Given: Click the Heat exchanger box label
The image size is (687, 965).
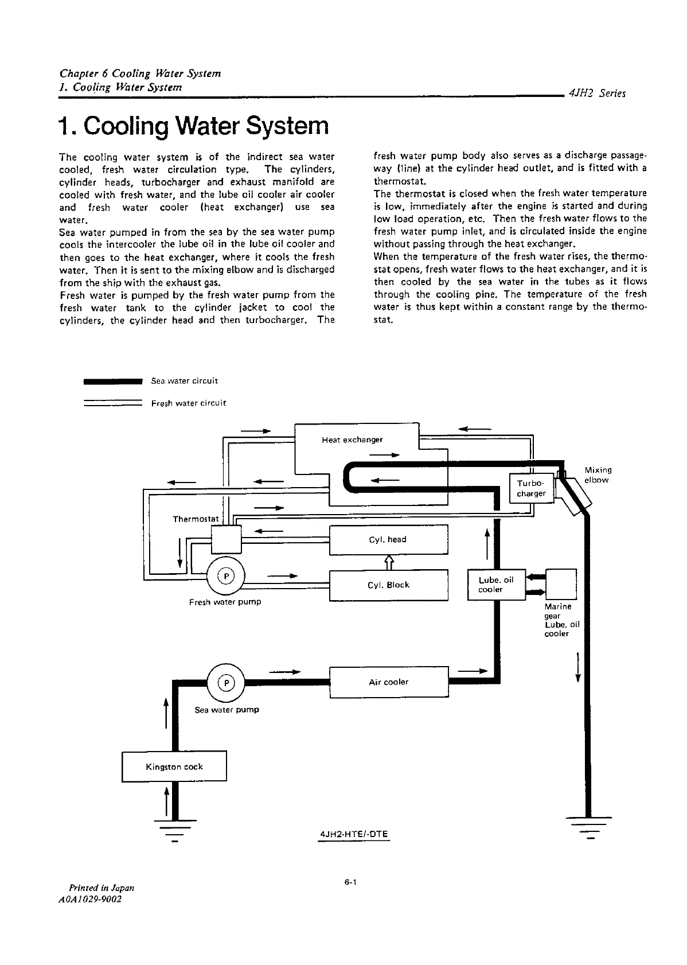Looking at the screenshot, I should click(352, 440).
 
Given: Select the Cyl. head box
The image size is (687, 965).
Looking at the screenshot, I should click(388, 540).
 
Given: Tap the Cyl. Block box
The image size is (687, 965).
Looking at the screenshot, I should click(388, 585).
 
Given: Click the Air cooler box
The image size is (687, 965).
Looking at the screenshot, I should click(388, 682).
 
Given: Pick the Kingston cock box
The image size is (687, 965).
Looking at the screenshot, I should click(174, 767).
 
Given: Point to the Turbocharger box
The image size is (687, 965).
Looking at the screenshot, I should click(531, 488).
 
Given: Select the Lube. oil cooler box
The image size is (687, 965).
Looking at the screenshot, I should click(496, 585).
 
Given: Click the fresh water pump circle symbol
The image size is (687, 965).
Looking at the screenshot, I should click(226, 576).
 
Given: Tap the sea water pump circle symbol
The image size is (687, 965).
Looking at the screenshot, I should click(227, 683).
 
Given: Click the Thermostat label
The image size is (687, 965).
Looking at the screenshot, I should click(196, 519).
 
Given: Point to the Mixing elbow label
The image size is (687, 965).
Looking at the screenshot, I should click(597, 475).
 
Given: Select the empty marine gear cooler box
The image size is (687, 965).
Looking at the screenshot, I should click(561, 583).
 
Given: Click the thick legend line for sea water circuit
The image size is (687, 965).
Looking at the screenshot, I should click(112, 380).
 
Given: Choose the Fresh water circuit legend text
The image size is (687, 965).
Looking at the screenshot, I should click(189, 403).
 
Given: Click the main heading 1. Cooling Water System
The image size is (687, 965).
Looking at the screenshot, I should click(194, 126).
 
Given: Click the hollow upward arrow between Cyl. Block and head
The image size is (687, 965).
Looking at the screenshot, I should click(388, 562).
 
